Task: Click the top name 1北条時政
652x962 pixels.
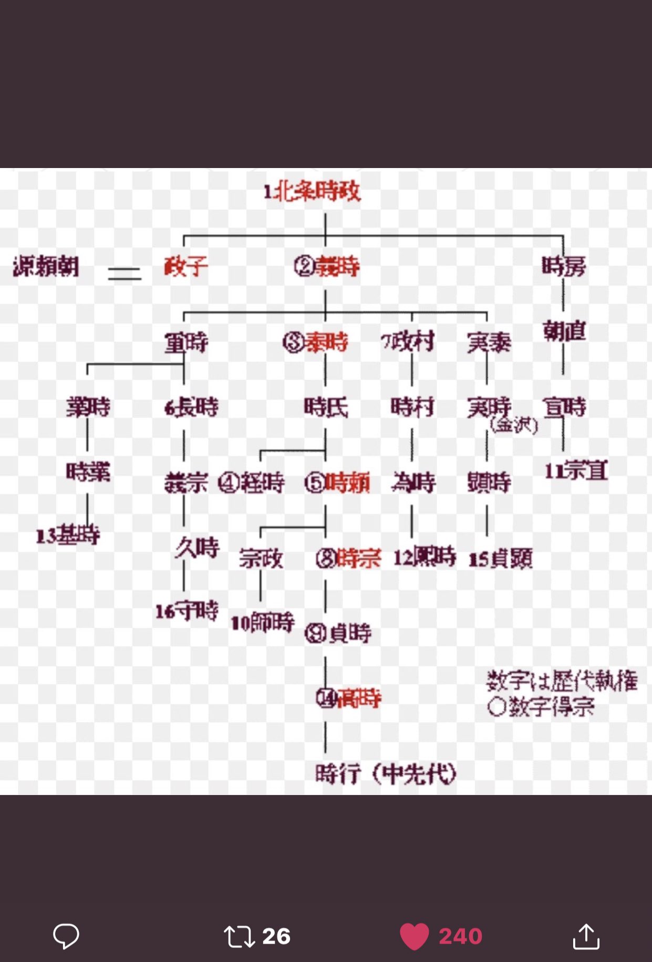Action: point(312,192)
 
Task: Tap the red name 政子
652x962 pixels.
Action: point(186,267)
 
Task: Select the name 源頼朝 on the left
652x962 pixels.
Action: point(46,267)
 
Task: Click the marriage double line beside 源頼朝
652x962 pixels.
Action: point(125,274)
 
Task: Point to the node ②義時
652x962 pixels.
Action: point(327,267)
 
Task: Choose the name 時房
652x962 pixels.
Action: point(564,266)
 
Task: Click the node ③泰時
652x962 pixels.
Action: point(315,342)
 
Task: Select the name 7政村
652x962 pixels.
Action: point(408,342)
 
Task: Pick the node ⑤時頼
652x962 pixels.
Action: point(337,483)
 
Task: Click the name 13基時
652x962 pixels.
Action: point(68,536)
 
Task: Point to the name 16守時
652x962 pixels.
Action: point(187,611)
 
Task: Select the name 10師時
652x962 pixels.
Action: point(263,623)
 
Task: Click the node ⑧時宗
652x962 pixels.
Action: point(348,559)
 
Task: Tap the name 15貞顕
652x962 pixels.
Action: point(500,559)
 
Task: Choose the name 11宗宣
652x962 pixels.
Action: point(576,471)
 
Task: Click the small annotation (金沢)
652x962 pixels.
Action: point(514,425)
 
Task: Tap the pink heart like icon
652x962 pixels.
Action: point(415,936)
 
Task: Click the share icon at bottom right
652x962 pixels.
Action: point(586,936)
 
